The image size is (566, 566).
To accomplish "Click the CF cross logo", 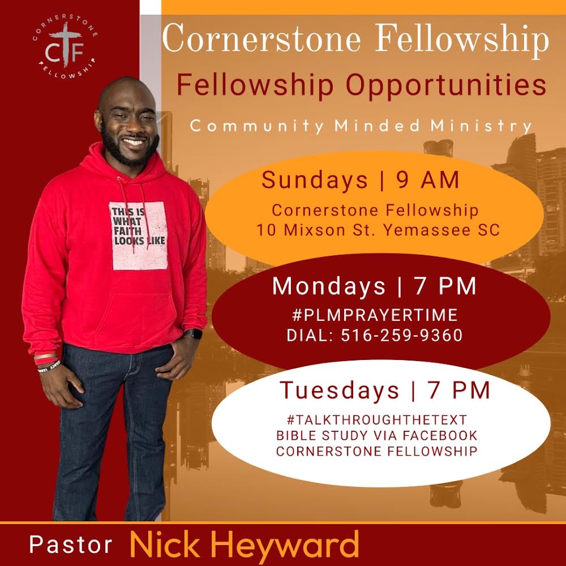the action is [65, 46].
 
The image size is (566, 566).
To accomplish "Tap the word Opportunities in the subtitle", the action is [446, 85].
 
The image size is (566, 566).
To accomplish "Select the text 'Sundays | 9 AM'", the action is [360, 180].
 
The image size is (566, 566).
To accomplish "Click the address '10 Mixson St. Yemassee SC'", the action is [378, 230].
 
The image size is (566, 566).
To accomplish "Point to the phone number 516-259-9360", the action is [402, 335].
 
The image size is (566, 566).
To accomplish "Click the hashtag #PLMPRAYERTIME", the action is [375, 315].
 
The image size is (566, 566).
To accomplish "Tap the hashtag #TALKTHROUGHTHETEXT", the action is [377, 420].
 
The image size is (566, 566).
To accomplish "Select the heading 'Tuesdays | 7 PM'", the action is [385, 390].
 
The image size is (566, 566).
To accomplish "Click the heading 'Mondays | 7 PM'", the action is [374, 286].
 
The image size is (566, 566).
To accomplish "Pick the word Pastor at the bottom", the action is [71, 544].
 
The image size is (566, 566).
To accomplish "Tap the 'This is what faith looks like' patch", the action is [138, 235].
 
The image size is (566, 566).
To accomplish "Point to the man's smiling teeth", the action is [133, 142].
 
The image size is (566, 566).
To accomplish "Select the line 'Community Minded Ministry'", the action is [361, 126].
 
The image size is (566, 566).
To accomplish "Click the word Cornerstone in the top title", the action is [261, 39].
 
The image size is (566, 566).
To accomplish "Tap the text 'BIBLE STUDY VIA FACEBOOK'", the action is [377, 436].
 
